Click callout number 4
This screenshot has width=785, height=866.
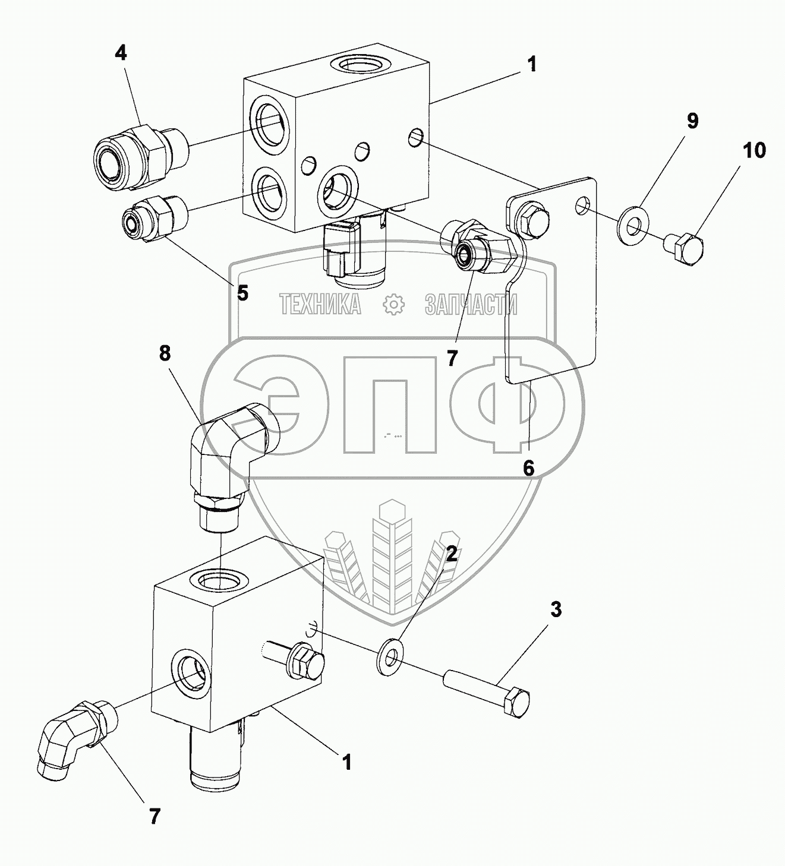point(121,53)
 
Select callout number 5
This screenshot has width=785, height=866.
point(242,292)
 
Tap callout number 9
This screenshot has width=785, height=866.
point(692,121)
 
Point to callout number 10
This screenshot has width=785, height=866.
point(753,151)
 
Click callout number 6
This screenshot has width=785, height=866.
point(528,468)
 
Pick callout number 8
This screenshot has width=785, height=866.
point(165,353)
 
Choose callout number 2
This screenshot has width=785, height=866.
point(452,554)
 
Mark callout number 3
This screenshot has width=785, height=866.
point(555,609)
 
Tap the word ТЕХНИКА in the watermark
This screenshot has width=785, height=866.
point(320,305)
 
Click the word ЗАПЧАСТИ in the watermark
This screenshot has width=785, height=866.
point(471,305)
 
